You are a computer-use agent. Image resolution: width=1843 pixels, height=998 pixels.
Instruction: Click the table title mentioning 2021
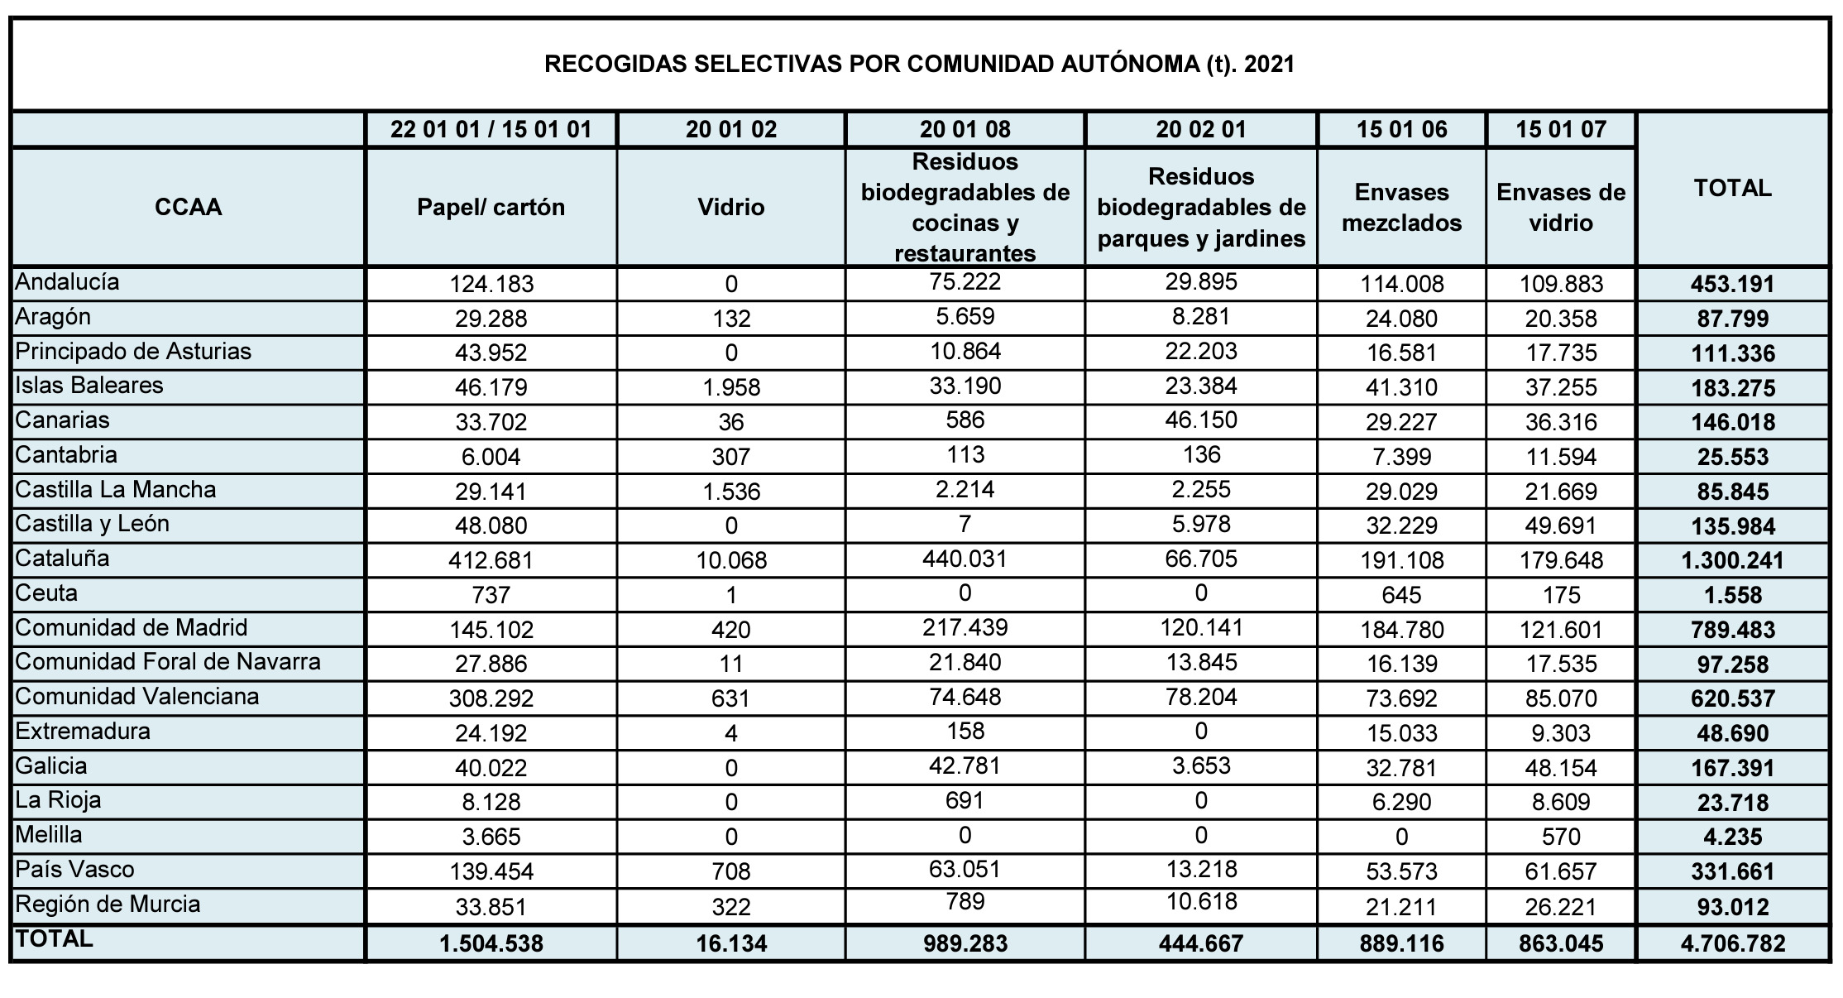(919, 65)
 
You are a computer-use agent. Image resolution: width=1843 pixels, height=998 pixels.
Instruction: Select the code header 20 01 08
(965, 130)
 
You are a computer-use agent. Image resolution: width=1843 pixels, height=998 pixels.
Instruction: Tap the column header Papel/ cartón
(491, 207)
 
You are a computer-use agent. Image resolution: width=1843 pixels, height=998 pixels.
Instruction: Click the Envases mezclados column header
(1401, 208)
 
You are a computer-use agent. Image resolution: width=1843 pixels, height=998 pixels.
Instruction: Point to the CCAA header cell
(189, 207)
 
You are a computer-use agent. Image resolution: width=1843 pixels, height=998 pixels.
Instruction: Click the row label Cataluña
(63, 559)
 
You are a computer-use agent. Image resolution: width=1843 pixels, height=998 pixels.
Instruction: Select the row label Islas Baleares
(89, 386)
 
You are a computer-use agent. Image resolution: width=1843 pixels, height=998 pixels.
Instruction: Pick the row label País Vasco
(74, 870)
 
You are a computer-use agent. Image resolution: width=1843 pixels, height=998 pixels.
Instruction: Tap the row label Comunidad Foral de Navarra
(168, 662)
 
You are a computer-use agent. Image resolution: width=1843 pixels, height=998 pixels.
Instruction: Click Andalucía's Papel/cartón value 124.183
(491, 285)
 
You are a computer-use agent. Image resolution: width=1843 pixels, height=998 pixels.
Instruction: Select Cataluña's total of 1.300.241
(1732, 561)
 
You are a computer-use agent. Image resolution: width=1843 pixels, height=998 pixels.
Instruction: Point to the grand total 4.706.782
(1732, 943)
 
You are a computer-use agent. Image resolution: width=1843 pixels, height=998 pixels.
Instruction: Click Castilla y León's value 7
(965, 524)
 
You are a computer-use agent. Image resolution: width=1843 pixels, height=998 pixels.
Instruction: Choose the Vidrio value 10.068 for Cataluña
(731, 561)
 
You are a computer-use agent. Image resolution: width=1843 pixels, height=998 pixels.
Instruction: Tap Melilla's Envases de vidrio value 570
(1561, 837)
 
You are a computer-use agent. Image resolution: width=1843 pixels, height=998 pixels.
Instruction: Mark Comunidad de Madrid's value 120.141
(1201, 627)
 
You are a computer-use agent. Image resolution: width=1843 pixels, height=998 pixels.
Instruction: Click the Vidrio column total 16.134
(731, 943)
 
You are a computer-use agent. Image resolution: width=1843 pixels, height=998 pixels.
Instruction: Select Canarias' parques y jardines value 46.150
(1201, 420)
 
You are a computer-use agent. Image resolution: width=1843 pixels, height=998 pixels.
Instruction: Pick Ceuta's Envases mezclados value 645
(1401, 595)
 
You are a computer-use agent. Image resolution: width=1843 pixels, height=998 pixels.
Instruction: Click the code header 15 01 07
(1561, 130)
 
